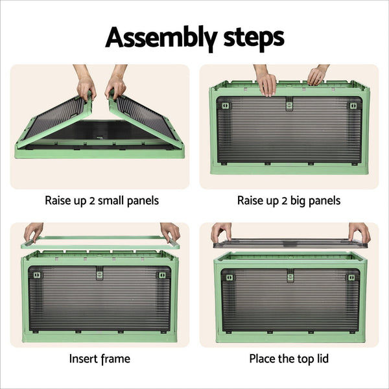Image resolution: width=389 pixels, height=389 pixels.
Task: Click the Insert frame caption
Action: click(99, 358)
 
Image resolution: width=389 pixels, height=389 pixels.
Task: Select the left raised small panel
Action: click(57, 120)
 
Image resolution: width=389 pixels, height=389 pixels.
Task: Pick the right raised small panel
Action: click(144, 120)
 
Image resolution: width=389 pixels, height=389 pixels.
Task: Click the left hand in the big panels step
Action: click(266, 83)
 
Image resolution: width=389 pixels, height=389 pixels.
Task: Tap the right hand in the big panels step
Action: click(317, 76)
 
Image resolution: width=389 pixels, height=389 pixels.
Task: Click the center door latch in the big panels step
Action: click(289, 104)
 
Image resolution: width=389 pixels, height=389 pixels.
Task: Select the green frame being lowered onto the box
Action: click(100, 242)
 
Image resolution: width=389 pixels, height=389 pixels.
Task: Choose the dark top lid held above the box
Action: click(290, 243)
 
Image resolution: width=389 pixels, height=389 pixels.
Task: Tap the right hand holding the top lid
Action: click(359, 231)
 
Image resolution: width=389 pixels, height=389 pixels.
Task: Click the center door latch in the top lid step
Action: click(290, 275)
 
